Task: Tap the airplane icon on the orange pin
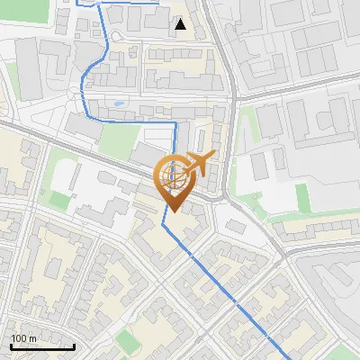click(x=198, y=164)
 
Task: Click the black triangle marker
click(x=181, y=24)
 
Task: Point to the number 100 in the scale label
click(x=19, y=338)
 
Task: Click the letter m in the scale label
click(x=33, y=338)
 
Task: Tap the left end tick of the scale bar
click(x=11, y=346)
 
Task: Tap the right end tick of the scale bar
click(x=74, y=346)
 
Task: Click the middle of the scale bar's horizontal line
click(x=42, y=347)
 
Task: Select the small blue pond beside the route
click(x=119, y=104)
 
